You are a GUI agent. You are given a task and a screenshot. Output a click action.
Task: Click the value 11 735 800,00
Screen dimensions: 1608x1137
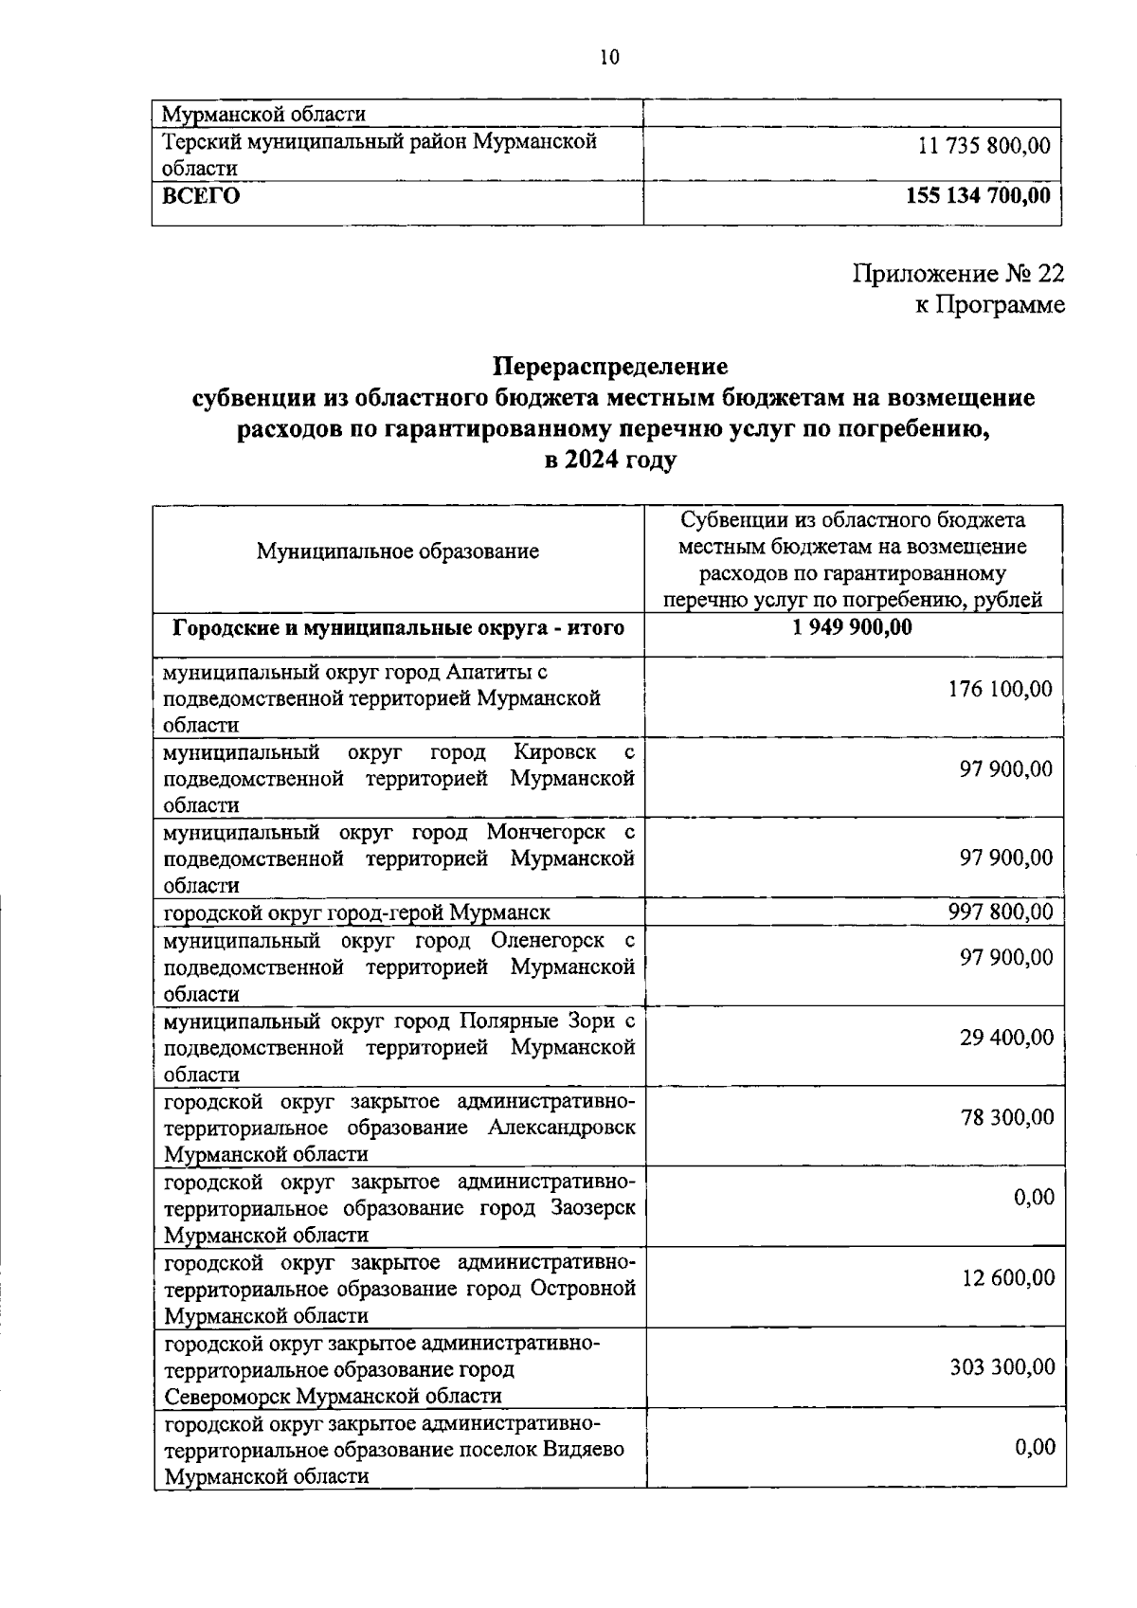click(x=984, y=147)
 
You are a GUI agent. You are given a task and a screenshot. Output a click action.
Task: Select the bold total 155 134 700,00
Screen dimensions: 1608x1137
click(x=979, y=196)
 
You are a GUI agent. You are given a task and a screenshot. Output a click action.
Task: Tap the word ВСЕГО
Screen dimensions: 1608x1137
click(x=201, y=196)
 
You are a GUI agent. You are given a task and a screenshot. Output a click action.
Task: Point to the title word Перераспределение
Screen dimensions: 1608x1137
click(x=610, y=366)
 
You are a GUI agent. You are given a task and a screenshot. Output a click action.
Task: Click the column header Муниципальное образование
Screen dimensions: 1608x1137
click(x=398, y=551)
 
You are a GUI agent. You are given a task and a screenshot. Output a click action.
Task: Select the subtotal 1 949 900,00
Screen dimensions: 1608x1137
click(x=846, y=627)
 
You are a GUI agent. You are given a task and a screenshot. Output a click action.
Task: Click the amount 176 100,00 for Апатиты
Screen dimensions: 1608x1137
click(x=1000, y=689)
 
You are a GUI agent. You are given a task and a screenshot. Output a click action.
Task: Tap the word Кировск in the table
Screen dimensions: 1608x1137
click(x=554, y=752)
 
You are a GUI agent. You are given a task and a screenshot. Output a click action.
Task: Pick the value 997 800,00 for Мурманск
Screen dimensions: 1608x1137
click(x=1000, y=912)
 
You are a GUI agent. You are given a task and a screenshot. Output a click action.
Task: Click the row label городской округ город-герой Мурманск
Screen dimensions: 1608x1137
click(x=357, y=913)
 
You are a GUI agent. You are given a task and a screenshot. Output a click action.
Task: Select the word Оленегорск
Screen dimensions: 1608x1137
click(x=548, y=941)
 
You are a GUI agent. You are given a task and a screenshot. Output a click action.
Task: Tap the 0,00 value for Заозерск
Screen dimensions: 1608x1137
click(x=1034, y=1198)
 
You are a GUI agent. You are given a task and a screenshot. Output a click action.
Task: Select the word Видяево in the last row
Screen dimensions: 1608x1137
click(x=584, y=1450)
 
